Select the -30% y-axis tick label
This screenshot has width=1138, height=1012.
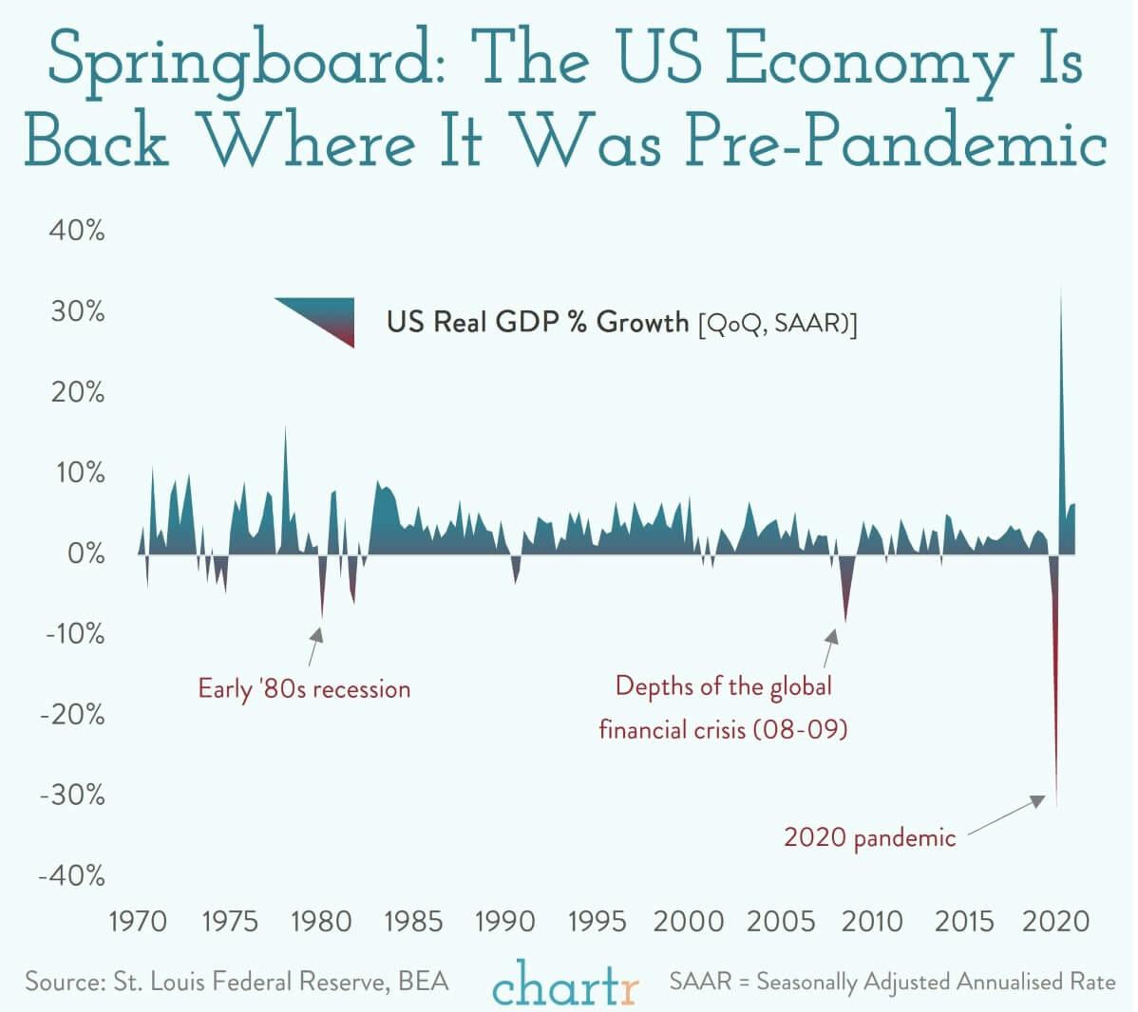72,795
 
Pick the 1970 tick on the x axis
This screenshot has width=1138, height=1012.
138,921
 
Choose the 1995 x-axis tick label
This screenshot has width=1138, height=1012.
597,921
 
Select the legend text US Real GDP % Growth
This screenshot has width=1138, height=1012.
537,323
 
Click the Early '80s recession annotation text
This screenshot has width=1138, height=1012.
304,688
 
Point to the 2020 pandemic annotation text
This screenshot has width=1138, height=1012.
869,837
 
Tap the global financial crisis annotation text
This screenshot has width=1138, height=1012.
723,707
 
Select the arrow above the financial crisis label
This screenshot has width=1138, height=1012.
830,648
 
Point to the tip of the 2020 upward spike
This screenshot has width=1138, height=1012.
1061,289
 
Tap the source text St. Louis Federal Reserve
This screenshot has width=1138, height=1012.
237,981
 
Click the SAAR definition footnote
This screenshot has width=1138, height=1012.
892,982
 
